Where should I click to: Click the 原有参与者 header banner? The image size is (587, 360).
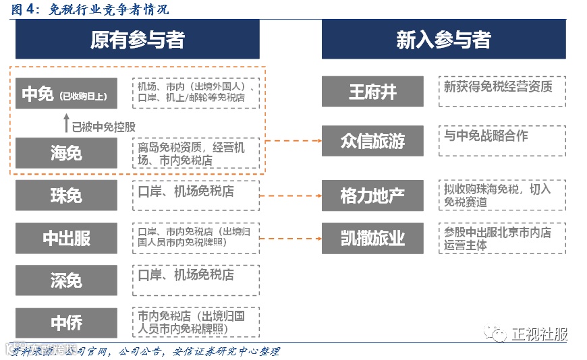coord(137,40)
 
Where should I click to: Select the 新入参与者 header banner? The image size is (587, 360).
coord(443,40)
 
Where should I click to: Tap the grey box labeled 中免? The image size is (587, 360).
coord(66,94)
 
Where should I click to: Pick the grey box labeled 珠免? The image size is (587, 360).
coord(66,196)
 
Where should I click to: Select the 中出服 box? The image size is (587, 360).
coord(66,238)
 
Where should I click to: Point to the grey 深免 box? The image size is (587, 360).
coord(66,280)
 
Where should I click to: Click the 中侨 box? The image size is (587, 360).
coord(66,323)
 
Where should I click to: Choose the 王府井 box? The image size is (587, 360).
coord(372,92)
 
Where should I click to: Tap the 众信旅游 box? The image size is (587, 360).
coord(372,142)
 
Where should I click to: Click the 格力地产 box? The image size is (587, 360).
coord(372,196)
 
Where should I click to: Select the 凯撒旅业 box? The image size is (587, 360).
coord(372,238)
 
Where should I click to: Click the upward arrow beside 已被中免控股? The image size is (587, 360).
coord(66,123)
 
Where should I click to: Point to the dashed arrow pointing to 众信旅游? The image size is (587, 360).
coord(294,142)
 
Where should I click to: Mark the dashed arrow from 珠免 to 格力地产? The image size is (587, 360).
coord(290,196)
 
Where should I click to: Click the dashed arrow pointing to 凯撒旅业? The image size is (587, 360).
coord(290,238)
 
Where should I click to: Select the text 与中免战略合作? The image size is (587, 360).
coord(486,136)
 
